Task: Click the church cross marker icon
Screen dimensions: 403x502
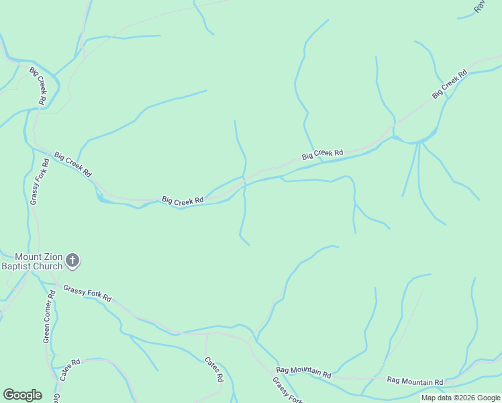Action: (x=73, y=261)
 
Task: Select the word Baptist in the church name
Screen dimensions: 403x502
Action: (x=17, y=266)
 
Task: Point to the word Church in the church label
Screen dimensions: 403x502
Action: (x=49, y=266)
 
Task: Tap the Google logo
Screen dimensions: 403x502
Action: (x=22, y=395)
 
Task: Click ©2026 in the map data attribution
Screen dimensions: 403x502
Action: (x=466, y=398)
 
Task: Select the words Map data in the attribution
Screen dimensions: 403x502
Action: (x=436, y=398)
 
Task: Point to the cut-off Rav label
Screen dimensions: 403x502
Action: (x=479, y=6)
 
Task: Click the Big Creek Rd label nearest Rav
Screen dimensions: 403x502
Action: (x=449, y=85)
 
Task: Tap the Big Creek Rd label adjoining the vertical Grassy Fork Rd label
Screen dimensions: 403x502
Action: (x=72, y=164)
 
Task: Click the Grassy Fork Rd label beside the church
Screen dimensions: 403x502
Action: (x=87, y=293)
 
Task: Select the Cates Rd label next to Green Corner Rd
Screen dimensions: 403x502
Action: (x=69, y=370)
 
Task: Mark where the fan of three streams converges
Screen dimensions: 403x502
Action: (x=419, y=142)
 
